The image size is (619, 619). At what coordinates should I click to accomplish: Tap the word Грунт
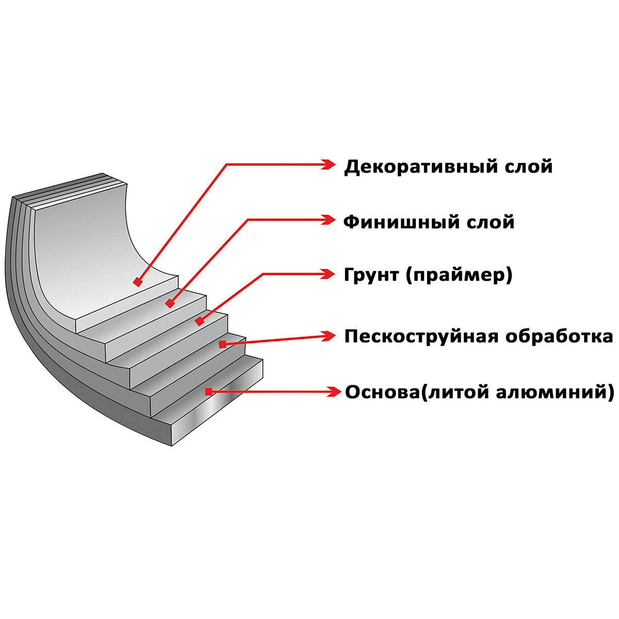pos(372,275)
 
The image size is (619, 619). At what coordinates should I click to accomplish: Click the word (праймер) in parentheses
pos(459,275)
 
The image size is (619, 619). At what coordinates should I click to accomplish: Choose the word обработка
pos(559,336)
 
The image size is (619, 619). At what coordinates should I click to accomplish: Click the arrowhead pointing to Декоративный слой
pos(328,164)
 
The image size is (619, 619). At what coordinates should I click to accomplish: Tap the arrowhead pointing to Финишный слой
pos(328,220)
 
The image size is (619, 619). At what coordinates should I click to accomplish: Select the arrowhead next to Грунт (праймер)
pos(328,274)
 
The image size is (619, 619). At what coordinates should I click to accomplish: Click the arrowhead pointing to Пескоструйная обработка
pos(328,336)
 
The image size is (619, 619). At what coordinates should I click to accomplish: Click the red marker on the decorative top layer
pos(137,282)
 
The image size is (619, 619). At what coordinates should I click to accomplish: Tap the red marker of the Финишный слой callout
pos(169,304)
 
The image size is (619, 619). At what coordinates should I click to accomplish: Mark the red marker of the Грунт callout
pos(199,321)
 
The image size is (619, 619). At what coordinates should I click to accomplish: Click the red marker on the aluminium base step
pos(208,392)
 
